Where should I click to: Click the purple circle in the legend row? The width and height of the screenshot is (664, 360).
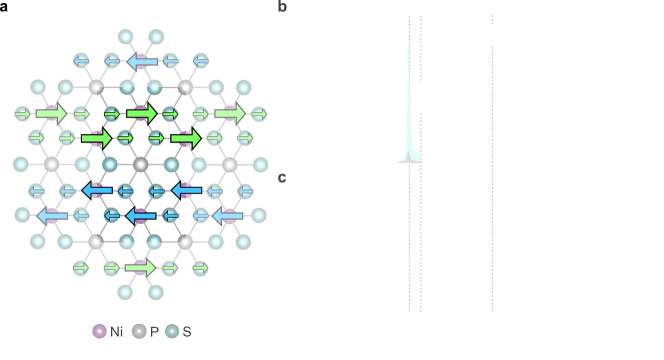pyautogui.click(x=100, y=331)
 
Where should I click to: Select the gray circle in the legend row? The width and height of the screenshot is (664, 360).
pyautogui.click(x=139, y=331)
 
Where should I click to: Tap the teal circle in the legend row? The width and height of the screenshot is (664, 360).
pyautogui.click(x=172, y=331)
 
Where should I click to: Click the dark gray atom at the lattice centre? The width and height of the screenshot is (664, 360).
pyautogui.click(x=141, y=164)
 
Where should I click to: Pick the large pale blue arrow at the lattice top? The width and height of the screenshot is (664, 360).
pyautogui.click(x=142, y=62)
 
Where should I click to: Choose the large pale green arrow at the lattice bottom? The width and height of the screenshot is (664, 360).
pyautogui.click(x=140, y=267)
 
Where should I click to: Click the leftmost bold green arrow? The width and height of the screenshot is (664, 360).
pyautogui.click(x=96, y=138)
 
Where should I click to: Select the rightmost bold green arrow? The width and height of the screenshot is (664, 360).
pyautogui.click(x=185, y=138)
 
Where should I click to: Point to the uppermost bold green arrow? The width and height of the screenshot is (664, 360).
pyautogui.click(x=141, y=113)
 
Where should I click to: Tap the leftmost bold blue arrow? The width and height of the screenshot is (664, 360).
pyautogui.click(x=97, y=190)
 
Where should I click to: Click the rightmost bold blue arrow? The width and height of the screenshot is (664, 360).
pyautogui.click(x=186, y=190)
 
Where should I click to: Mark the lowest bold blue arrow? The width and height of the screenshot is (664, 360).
pyautogui.click(x=140, y=215)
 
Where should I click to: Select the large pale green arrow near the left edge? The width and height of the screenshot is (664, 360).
pyautogui.click(x=51, y=113)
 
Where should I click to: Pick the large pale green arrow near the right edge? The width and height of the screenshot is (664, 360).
pyautogui.click(x=230, y=113)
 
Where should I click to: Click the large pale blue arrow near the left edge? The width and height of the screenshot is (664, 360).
pyautogui.click(x=52, y=215)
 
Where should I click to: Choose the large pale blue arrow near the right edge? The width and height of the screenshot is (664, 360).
pyautogui.click(x=227, y=215)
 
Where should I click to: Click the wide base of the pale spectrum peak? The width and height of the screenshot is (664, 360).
pyautogui.click(x=409, y=158)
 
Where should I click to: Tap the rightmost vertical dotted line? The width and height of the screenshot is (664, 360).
pyautogui.click(x=492, y=160)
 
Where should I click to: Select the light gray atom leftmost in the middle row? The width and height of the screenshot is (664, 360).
pyautogui.click(x=52, y=164)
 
